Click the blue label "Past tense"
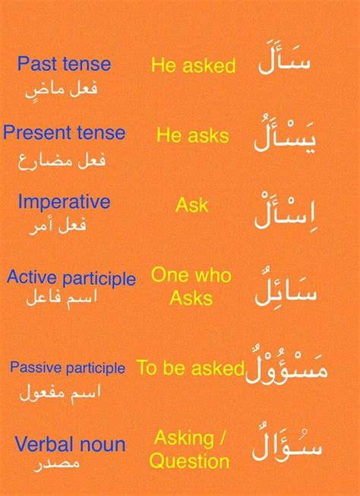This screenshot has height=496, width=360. point(65,64)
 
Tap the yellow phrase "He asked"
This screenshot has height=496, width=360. point(193,65)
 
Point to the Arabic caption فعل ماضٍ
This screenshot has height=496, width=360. point(61,90)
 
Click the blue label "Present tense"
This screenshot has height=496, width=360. point(65,132)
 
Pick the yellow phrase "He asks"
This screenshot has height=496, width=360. point(193,135)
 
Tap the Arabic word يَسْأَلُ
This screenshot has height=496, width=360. point(284,134)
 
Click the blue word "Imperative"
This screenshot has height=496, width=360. point(65,203)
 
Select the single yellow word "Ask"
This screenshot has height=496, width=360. point(192,205)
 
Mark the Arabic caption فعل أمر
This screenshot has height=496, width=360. point(57,226)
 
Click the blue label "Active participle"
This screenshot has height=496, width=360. point(71,278)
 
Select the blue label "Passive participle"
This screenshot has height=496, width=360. point(68,368)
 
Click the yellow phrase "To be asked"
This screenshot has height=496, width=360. point(191,368)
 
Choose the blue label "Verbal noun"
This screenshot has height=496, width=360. point(70,444)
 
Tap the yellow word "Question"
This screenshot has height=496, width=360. point(189,462)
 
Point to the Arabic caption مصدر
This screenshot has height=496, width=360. point(56,464)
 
